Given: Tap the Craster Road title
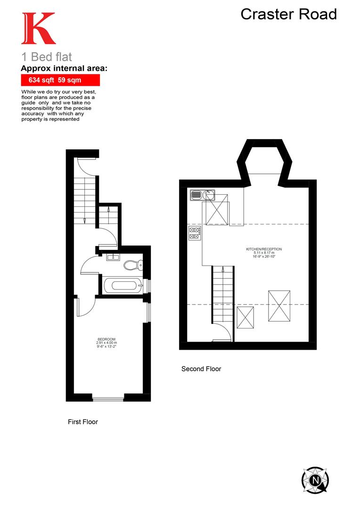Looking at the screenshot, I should click(x=288, y=14).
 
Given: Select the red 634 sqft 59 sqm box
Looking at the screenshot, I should click(x=60, y=80).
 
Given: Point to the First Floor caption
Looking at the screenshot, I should click(x=83, y=422).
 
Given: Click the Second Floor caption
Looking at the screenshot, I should click(x=201, y=369).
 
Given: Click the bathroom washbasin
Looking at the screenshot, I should click(x=113, y=257).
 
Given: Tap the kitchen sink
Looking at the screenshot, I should click(x=203, y=194).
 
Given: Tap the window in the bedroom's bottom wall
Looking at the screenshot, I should click(x=108, y=400).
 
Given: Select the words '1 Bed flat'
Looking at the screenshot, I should click(x=47, y=57).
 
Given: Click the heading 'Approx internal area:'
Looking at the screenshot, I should click(x=65, y=68).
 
